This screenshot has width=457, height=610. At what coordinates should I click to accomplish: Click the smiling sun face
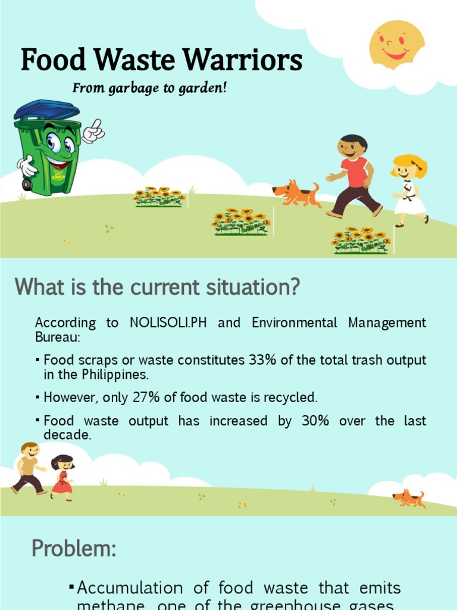pos(396,44)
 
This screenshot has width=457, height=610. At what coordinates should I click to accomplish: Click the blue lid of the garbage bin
pos(46,110)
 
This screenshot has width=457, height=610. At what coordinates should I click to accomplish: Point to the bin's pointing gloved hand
pos(93,130)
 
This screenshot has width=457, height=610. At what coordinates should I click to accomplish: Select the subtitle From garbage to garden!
pos(149,88)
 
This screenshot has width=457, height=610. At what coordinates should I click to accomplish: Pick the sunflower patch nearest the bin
pos(159,197)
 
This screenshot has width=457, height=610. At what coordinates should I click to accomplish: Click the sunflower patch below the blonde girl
pos(361,241)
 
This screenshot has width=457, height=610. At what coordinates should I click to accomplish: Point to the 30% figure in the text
pos(315,421)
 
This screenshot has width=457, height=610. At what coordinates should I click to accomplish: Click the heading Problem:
pos(74,549)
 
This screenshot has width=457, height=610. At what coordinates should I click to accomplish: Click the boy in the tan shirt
pos(28,468)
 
